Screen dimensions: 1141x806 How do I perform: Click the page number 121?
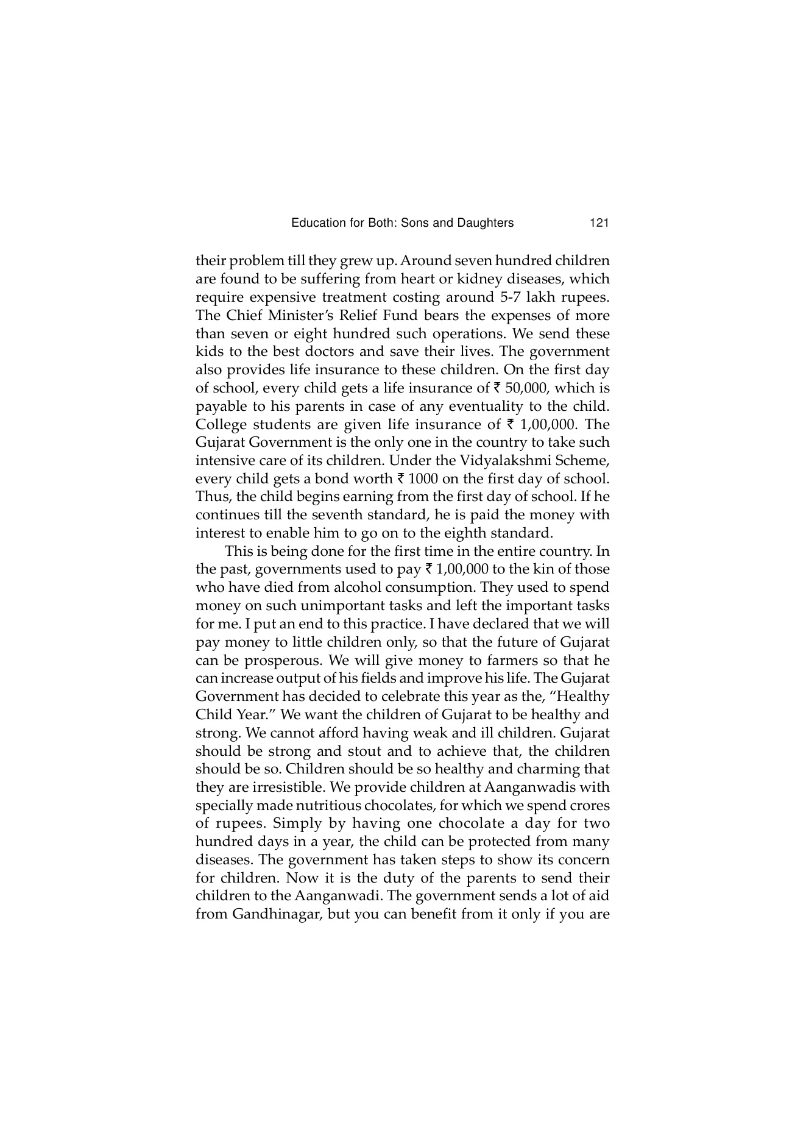point(599,223)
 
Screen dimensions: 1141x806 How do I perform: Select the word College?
point(220,425)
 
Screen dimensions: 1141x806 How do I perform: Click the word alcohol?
point(362,588)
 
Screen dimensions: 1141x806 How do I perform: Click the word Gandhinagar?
point(258,915)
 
